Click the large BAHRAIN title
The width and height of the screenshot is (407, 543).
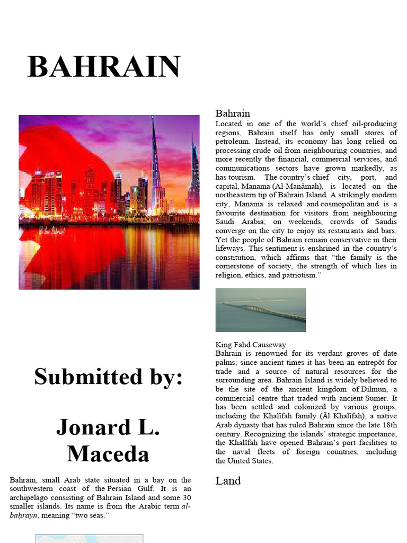104,67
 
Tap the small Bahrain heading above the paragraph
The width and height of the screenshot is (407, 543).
233,113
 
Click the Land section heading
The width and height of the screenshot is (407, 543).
228,480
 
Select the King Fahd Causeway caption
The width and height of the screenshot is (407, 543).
251,344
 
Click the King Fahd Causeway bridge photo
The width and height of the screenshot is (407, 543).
260,310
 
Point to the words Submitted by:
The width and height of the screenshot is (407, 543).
108,376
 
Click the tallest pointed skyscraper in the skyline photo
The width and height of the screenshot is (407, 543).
154,159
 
